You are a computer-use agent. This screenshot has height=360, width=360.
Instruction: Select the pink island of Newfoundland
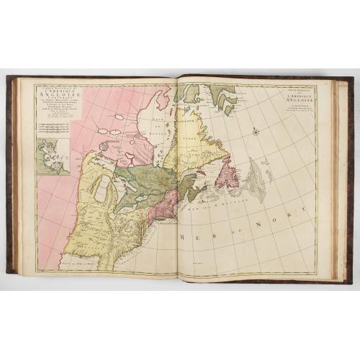pos(227,174)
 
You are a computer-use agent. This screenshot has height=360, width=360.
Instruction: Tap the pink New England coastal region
pos(161,206)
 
